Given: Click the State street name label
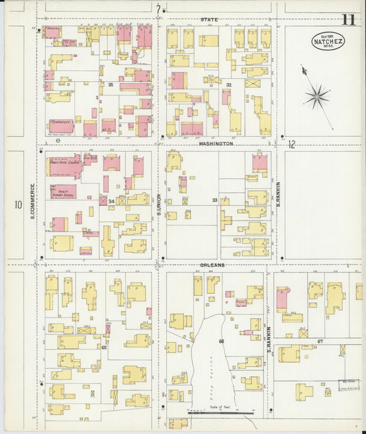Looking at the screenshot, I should [209, 20].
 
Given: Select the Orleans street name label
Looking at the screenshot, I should [212, 265].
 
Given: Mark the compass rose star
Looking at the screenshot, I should [317, 96].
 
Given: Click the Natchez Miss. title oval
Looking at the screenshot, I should [328, 41].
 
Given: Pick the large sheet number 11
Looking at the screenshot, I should [348, 19].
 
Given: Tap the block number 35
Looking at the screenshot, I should [111, 84].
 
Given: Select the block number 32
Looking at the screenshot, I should [229, 84].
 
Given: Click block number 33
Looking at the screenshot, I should [214, 201].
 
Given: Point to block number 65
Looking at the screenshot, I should [104, 347].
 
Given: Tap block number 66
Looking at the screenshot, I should [221, 341].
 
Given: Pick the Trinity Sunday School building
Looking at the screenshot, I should [63, 192].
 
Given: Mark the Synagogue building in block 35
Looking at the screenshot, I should [62, 126].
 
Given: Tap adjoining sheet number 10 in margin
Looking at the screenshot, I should [17, 205].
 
